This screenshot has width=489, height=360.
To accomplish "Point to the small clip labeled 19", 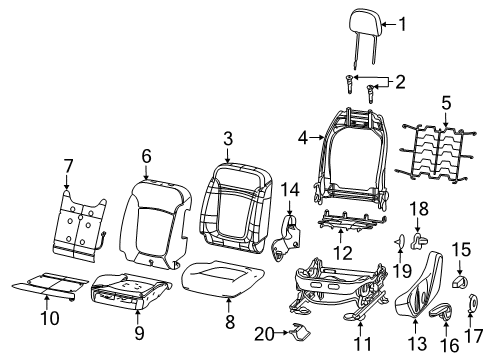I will click(x=398, y=239).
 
